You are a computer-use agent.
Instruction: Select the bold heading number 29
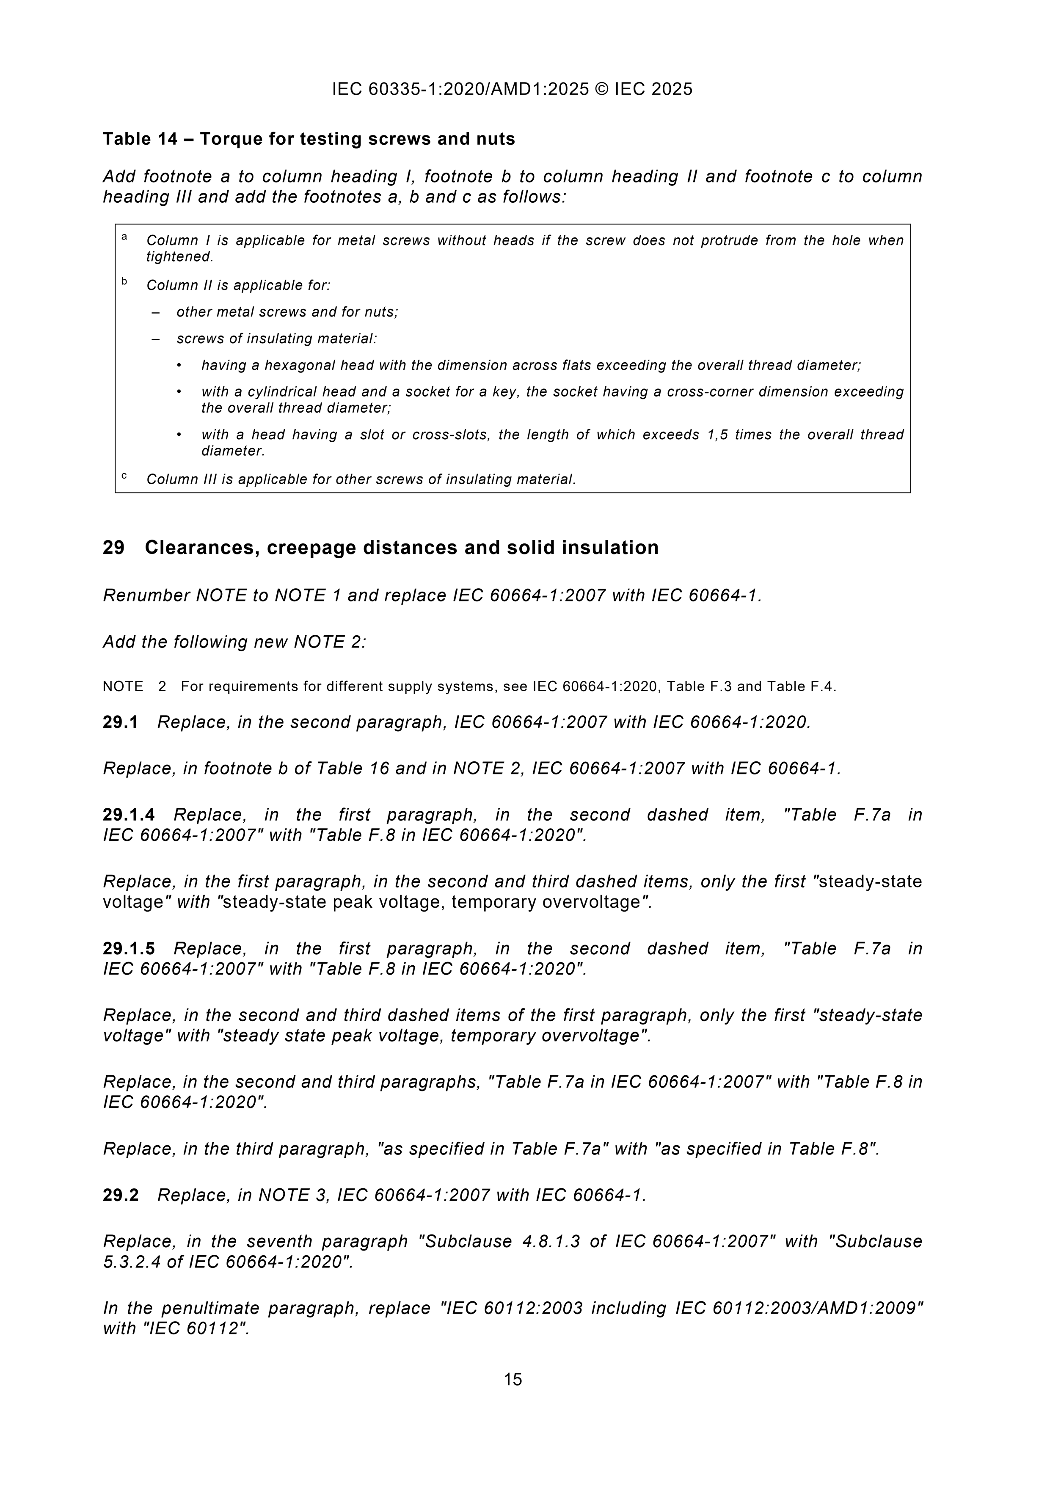tap(113, 548)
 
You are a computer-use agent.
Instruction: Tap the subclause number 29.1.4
tap(129, 815)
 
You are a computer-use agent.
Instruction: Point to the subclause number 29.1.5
tap(129, 949)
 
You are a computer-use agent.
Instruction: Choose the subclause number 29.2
tap(120, 1195)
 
